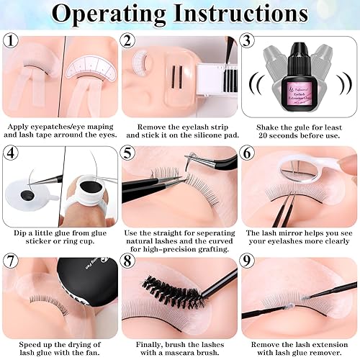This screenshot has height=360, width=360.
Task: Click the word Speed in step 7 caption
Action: pyautogui.click(x=24, y=337)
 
